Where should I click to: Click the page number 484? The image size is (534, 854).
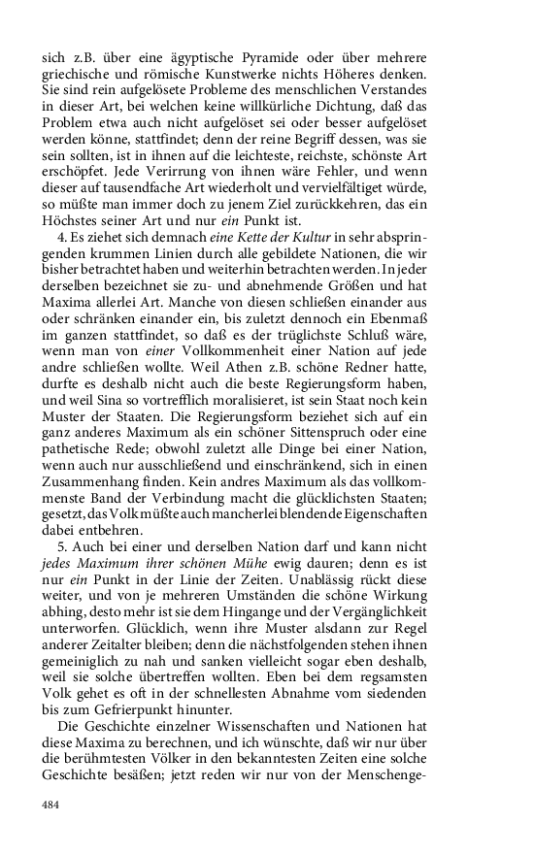[50, 805]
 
